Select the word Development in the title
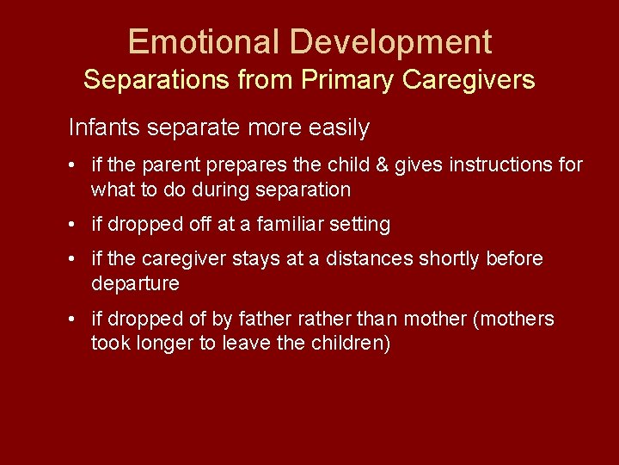pyautogui.click(x=390, y=42)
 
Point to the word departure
pyautogui.click(x=135, y=284)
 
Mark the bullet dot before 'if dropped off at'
pyautogui.click(x=76, y=226)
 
